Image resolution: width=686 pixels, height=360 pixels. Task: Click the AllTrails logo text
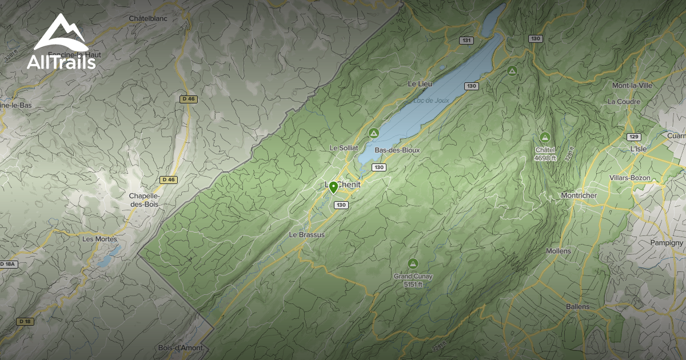pyautogui.click(x=61, y=62)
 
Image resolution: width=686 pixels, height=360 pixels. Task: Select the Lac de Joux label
pyautogui.click(x=431, y=101)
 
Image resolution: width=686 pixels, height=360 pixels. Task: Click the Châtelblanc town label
pyautogui.click(x=148, y=18)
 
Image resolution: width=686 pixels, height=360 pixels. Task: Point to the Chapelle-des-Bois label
pyautogui.click(x=144, y=200)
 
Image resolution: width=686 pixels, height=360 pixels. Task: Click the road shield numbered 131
pyautogui.click(x=467, y=40)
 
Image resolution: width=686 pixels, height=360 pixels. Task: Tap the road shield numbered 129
pyautogui.click(x=633, y=137)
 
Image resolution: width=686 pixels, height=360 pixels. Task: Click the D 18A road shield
pyautogui.click(x=8, y=264)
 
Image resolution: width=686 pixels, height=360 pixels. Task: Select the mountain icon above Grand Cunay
pyautogui.click(x=412, y=263)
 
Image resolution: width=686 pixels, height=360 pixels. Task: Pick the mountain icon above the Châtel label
pyautogui.click(x=545, y=137)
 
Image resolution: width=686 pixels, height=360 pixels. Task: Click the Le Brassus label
pyautogui.click(x=306, y=235)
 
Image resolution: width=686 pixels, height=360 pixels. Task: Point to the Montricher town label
pyautogui.click(x=579, y=195)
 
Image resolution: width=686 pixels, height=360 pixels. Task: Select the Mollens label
pyautogui.click(x=559, y=251)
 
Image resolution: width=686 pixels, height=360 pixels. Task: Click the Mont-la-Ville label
pyautogui.click(x=632, y=86)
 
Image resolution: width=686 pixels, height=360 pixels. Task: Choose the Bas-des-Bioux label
pyautogui.click(x=397, y=150)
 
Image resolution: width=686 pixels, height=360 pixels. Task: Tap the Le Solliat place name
pyautogui.click(x=344, y=148)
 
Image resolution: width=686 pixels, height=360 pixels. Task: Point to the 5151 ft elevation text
pyautogui.click(x=412, y=284)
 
